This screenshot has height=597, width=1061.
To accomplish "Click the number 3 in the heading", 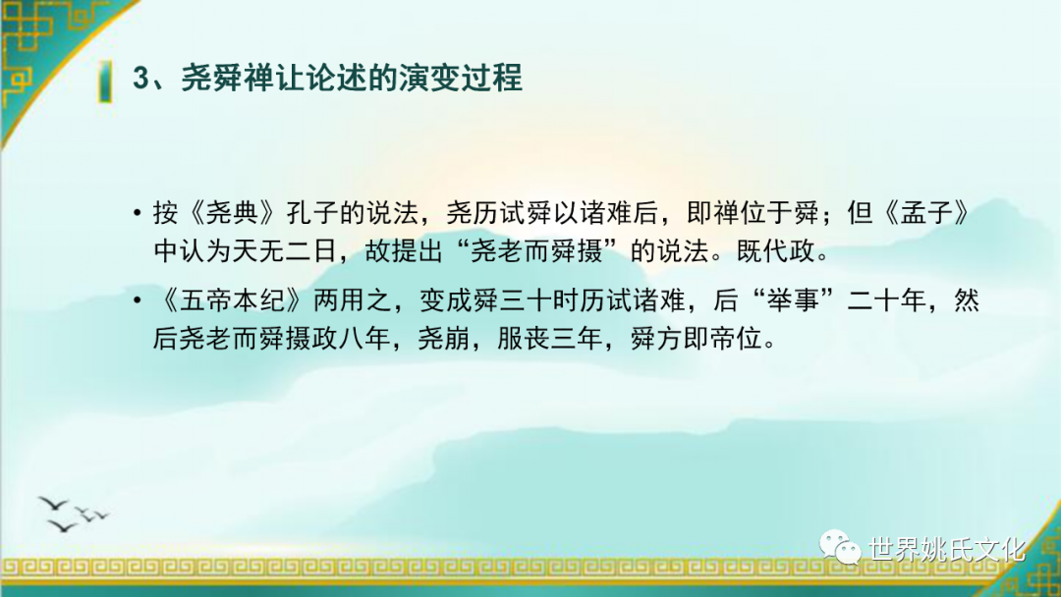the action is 141,79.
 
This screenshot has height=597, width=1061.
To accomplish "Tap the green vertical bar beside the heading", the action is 105,81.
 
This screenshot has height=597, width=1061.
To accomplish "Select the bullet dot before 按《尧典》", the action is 138,214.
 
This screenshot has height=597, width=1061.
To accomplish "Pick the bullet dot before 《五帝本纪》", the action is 138,299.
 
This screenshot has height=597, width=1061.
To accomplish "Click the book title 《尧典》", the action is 232,214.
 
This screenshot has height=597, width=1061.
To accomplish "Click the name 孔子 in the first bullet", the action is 312,214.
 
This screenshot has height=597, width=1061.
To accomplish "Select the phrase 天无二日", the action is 285,251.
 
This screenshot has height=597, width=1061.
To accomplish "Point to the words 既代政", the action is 775,251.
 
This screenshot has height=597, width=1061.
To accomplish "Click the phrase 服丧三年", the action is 549,338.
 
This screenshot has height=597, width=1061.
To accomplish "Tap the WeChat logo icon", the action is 840,546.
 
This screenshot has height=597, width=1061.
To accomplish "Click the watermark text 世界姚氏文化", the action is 947,549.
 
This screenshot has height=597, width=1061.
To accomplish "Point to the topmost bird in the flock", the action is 53,504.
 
